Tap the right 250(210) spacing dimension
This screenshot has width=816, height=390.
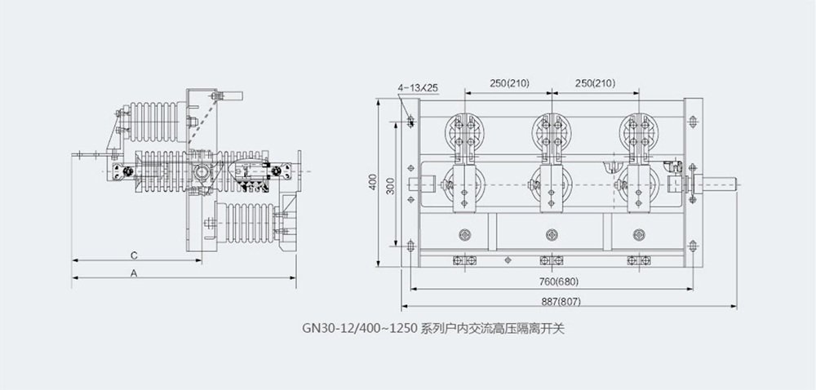594,83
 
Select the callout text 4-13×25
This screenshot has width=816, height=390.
418,86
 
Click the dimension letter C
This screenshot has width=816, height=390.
133,255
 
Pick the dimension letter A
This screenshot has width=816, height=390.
133,273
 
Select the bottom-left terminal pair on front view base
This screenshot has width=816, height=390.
465,261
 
